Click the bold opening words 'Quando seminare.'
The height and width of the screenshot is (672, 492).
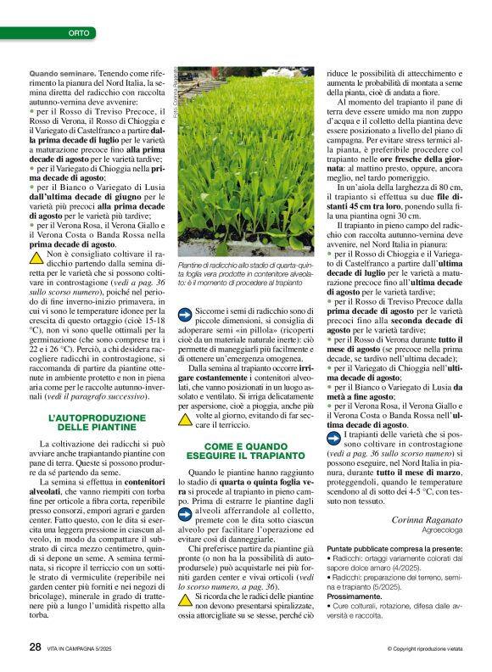click(x=63, y=75)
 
